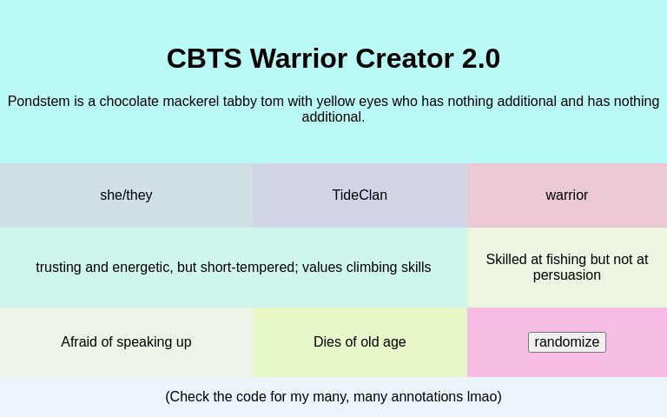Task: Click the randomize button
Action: pyautogui.click(x=566, y=342)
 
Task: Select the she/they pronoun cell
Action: pyautogui.click(x=126, y=195)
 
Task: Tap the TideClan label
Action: pyautogui.click(x=360, y=195)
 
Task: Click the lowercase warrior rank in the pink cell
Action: pyautogui.click(x=566, y=195)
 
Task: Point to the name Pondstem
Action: pyautogui.click(x=38, y=102)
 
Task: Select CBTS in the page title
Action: pyautogui.click(x=204, y=59)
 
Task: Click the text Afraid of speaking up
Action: pyautogui.click(x=126, y=342)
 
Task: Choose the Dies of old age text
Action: pyautogui.click(x=360, y=342)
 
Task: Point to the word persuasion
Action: pyautogui.click(x=566, y=275)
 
